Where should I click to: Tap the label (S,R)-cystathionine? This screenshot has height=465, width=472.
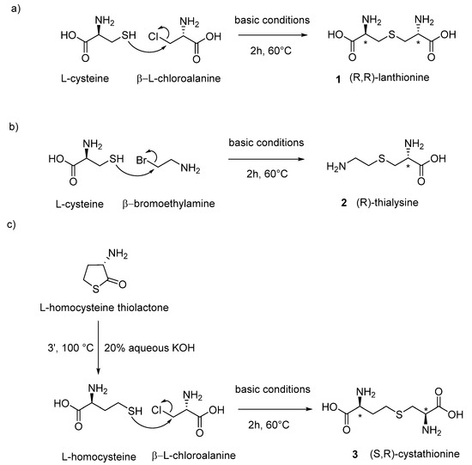pyautogui.click(x=393, y=450)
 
